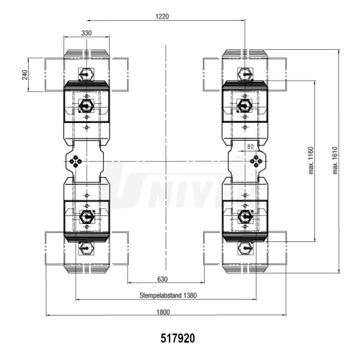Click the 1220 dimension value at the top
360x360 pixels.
[162, 16]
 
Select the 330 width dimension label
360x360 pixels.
[86, 33]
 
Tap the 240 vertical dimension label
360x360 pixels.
[24, 75]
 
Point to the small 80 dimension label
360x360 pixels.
[250, 147]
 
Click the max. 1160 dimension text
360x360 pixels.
[311, 160]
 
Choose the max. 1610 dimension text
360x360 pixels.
[335, 160]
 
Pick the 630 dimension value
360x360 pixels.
[163, 279]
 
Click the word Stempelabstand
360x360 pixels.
[161, 295]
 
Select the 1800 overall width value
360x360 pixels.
[163, 312]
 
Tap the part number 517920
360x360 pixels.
[178, 338]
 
